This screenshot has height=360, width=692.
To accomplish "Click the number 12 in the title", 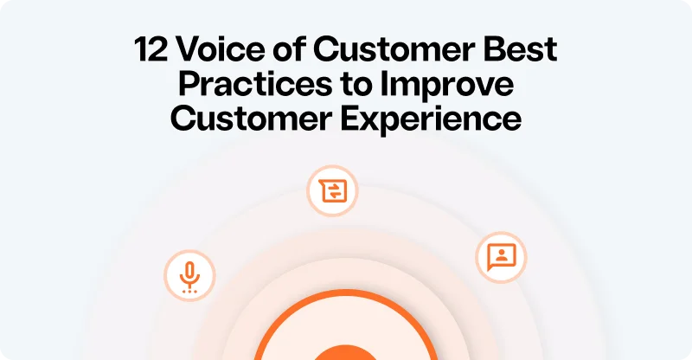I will pos(151,50).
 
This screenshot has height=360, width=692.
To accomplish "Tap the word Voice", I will pos(216,50).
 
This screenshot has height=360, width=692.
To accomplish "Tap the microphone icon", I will pos(189,276).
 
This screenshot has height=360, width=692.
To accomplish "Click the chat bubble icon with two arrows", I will pos(332,190).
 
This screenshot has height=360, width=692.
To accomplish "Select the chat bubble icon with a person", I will pos(501,256).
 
